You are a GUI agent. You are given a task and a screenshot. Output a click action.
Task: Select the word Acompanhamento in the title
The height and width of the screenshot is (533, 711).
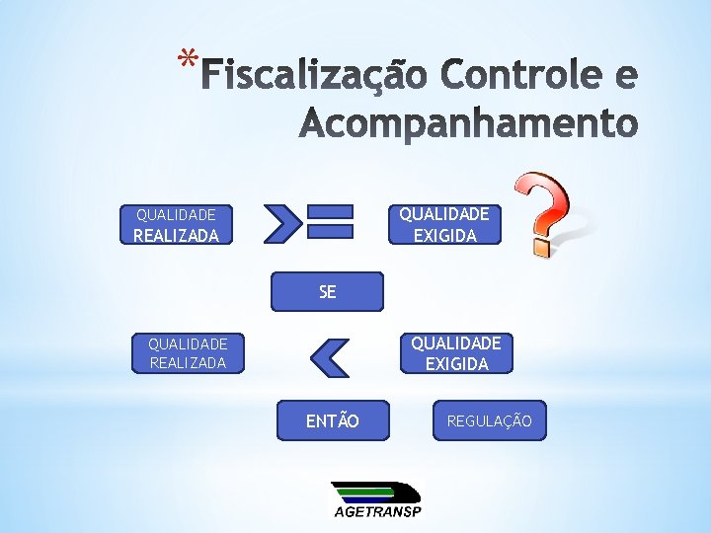coord(468,124)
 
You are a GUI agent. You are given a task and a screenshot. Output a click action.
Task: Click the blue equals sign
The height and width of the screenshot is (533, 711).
coord(330,221)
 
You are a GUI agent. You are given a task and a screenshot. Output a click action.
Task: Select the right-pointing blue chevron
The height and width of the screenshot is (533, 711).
coord(283,223)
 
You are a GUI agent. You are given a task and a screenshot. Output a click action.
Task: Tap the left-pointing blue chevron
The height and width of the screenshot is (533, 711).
coord(329,356)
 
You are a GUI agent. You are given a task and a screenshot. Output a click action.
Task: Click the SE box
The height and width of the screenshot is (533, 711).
coord(328,291)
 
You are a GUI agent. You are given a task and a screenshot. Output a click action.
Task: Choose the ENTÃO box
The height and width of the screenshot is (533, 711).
coord(333,421)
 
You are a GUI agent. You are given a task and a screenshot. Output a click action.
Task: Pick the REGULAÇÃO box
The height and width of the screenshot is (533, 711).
coord(489,421)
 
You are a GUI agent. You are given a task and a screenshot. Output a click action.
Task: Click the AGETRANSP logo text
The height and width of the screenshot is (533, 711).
coord(376,510)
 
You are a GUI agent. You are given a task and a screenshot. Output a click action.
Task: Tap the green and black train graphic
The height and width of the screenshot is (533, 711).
coord(375,492)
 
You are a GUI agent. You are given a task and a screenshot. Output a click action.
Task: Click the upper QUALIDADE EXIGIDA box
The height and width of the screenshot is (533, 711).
coord(444,224)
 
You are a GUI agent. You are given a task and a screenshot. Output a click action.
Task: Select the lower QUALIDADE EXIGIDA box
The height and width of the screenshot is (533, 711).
coord(456,352)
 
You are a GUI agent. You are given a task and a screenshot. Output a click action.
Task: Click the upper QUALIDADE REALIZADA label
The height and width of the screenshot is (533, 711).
coord(176,224)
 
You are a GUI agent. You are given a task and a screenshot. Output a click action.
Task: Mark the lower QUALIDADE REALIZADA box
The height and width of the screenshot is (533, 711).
coord(188,352)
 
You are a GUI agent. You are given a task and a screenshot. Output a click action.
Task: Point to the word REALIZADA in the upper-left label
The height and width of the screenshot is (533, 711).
coord(176,236)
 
